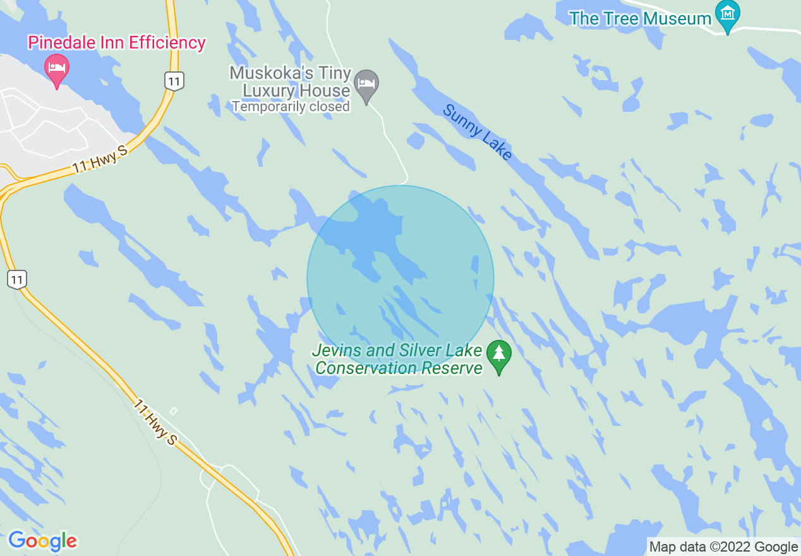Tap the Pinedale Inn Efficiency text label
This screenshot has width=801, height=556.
pos(117,43)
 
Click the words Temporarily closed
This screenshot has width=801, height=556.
pos(291,107)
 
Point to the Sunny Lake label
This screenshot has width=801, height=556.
pos(477,133)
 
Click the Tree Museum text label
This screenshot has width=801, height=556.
pos(641,18)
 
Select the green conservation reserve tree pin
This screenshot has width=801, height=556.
pos(500,356)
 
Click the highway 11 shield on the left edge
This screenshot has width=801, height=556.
pos(17,279)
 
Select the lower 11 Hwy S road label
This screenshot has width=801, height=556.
pos(155,421)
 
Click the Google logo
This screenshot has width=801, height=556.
pos(42,541)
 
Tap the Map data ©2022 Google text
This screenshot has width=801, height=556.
pos(724,547)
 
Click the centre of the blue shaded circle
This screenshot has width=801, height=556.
pos(400,279)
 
